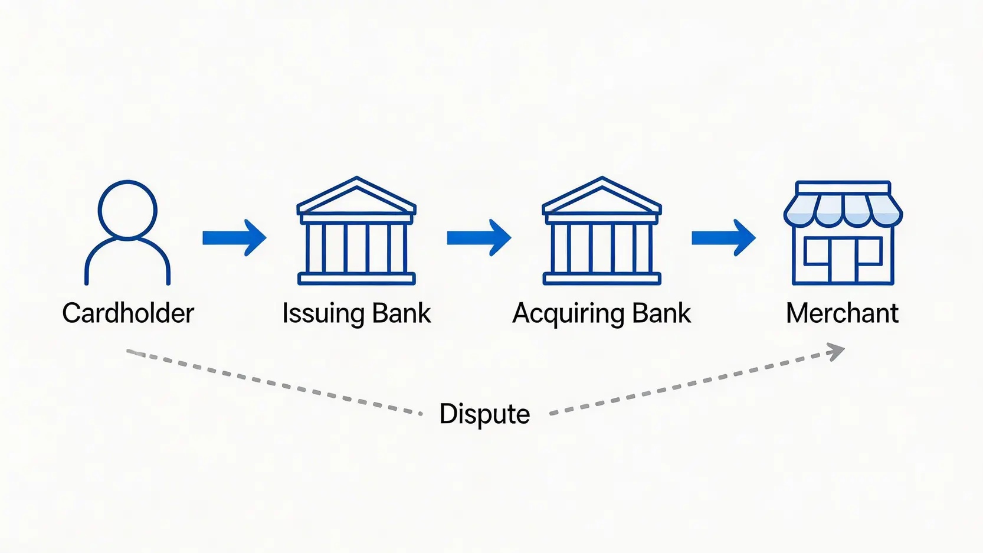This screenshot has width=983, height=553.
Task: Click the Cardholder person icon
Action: pyautogui.click(x=127, y=233)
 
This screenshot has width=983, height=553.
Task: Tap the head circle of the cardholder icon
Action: pyautogui.click(x=127, y=210)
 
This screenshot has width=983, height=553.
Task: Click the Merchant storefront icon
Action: pyautogui.click(x=843, y=233)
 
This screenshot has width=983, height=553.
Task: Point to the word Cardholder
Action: pyautogui.click(x=128, y=313)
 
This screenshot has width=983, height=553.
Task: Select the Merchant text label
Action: pyautogui.click(x=842, y=313)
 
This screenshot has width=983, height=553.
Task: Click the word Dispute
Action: pyautogui.click(x=484, y=414)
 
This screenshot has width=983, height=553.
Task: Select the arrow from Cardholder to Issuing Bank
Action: pyautogui.click(x=234, y=238)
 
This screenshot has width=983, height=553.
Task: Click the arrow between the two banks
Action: pyautogui.click(x=479, y=238)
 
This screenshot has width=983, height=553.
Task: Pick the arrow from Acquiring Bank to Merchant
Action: pyautogui.click(x=723, y=238)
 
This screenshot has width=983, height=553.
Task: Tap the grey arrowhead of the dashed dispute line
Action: pyautogui.click(x=836, y=352)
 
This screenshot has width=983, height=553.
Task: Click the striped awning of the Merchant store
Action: pyautogui.click(x=843, y=210)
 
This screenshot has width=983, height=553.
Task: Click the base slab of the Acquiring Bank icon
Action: pyautogui.click(x=601, y=279)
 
